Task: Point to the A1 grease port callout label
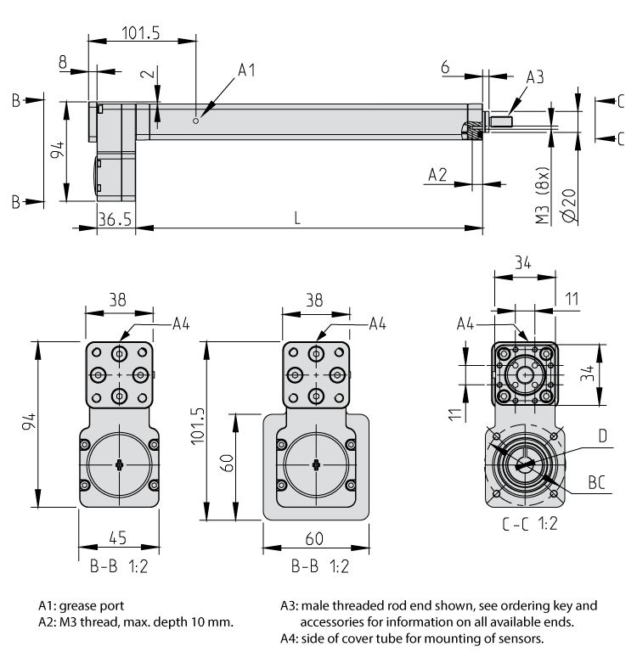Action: tap(246, 70)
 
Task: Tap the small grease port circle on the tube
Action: tap(196, 121)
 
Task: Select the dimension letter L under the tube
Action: tap(296, 217)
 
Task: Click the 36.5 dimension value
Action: tap(114, 218)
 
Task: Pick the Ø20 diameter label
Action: tap(570, 205)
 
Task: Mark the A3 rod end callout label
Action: tap(534, 76)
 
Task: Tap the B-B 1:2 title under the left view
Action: tap(119, 566)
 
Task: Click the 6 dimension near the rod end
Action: tap(446, 65)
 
